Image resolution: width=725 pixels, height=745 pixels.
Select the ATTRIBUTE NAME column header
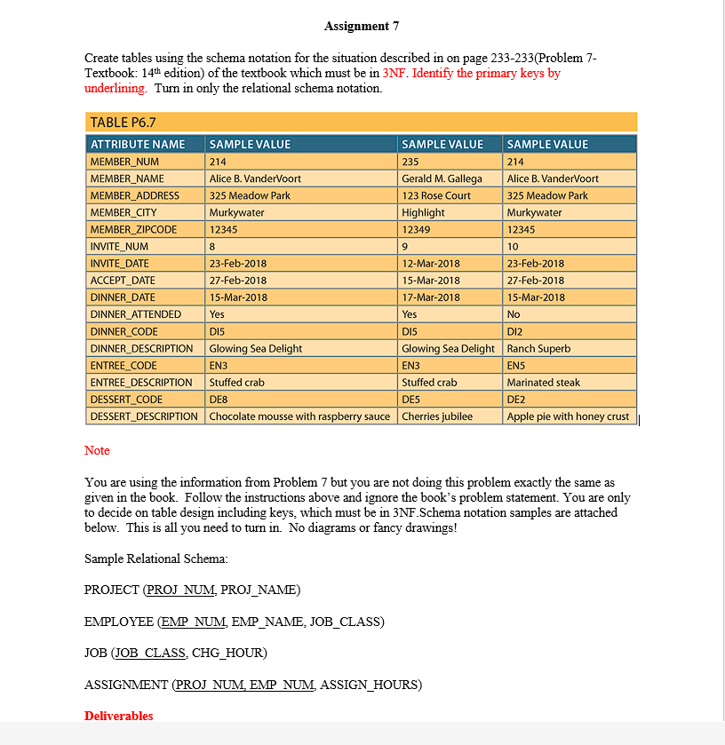(138, 144)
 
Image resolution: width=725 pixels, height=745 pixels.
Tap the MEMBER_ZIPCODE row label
(133, 229)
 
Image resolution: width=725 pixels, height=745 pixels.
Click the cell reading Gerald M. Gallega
(442, 178)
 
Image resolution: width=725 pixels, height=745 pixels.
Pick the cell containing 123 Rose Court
(436, 195)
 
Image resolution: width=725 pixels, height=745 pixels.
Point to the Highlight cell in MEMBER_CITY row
(424, 212)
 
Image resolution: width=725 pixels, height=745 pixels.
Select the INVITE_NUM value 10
(513, 246)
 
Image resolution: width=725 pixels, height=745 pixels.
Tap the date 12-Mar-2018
(431, 263)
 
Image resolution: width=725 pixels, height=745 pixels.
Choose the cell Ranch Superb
(538, 348)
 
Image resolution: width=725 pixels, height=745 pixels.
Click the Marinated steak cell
(543, 382)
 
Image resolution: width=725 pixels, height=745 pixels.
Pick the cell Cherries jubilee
(439, 416)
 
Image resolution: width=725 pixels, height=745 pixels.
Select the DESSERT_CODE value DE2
(516, 399)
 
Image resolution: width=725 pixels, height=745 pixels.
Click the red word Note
(97, 450)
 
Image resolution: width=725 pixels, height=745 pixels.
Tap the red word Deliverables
(118, 716)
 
